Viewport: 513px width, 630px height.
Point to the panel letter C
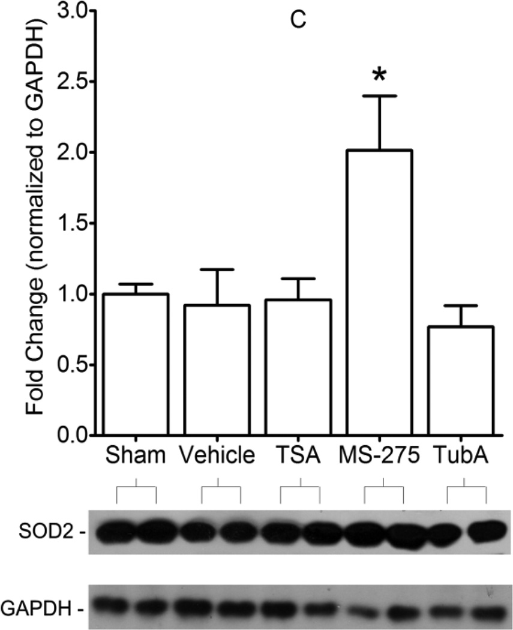coord(298,19)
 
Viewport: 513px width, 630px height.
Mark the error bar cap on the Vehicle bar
coord(217,269)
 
